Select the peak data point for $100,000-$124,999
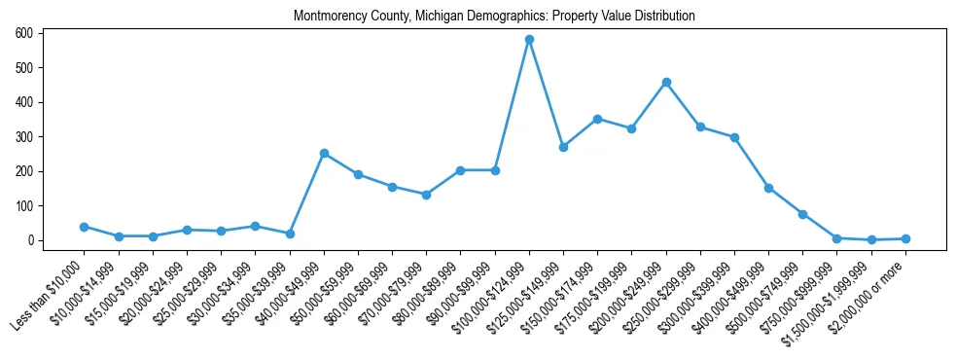pos(529,40)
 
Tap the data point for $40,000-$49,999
pos(324,153)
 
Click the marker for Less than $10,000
pos(85,227)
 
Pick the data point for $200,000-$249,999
pos(666,82)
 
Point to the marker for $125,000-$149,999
pos(563,147)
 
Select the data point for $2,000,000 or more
pos(905,238)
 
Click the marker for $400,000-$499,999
pos(768,188)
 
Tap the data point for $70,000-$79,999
pos(426,195)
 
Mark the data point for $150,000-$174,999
pos(597,119)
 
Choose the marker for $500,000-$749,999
pos(802,214)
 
